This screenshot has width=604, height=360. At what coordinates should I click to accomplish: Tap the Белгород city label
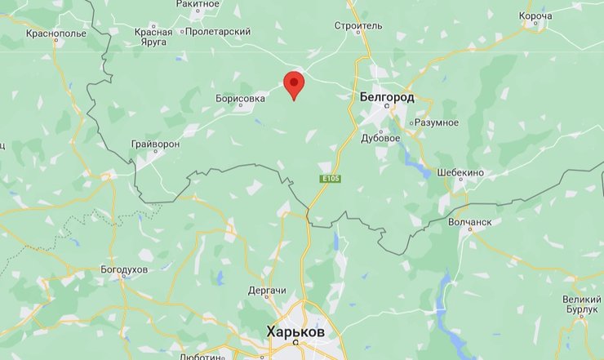(387, 97)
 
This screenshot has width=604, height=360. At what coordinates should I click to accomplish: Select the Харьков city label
(295, 333)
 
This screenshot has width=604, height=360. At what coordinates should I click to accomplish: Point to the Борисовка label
(240, 98)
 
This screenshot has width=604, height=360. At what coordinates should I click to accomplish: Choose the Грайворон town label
(155, 144)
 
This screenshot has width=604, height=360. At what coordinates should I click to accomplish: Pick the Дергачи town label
(267, 291)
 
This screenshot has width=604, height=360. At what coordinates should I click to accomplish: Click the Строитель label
(358, 25)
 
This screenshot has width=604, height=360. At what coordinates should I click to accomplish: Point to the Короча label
(535, 16)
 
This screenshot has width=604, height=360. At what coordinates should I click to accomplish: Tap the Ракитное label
(198, 4)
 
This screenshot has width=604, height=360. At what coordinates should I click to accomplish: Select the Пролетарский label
(218, 31)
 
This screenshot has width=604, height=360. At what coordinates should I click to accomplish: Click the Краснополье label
(56, 33)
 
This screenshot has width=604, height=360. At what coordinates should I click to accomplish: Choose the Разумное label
(437, 122)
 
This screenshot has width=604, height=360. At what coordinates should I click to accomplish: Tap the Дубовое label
(380, 138)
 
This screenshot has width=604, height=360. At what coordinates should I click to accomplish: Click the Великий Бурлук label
(581, 305)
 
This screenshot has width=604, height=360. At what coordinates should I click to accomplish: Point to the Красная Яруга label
(153, 37)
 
